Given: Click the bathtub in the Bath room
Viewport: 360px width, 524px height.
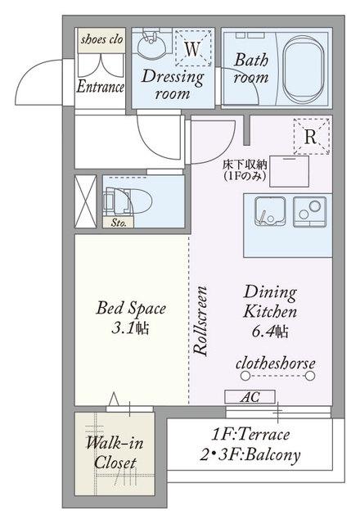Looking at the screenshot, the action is [x=304, y=70].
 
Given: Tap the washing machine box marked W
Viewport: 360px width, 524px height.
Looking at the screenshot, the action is [x=193, y=47].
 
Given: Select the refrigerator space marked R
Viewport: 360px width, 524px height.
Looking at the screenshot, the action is [x=312, y=137].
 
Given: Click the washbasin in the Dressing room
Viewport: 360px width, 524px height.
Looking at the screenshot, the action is [x=153, y=44].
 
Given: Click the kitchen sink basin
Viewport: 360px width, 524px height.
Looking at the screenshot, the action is [x=271, y=212].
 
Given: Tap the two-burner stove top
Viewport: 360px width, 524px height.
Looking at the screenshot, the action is [x=309, y=212].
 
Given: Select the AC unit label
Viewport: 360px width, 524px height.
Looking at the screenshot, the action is [x=250, y=396].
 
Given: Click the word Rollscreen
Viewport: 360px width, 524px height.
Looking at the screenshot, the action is [x=200, y=320].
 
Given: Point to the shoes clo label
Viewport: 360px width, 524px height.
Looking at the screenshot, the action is [x=101, y=40].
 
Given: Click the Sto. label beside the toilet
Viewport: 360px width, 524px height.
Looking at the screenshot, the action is [x=119, y=223].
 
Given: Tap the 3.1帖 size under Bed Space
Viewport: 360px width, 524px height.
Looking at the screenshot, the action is [x=130, y=328].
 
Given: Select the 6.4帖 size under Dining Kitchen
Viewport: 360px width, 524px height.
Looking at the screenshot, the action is [x=270, y=332].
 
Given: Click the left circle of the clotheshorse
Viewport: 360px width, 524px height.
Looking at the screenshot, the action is [x=245, y=377].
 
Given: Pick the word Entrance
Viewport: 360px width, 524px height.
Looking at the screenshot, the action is [x=101, y=87].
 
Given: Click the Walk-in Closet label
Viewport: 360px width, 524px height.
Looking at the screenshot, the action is [x=115, y=453].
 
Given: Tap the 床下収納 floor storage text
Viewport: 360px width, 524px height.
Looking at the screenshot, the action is [x=245, y=165].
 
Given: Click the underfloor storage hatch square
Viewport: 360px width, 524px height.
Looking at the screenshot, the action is [x=289, y=171].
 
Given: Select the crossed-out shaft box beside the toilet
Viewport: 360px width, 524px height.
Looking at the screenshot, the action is [x=85, y=201].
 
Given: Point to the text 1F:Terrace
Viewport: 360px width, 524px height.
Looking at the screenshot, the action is [x=250, y=434].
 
